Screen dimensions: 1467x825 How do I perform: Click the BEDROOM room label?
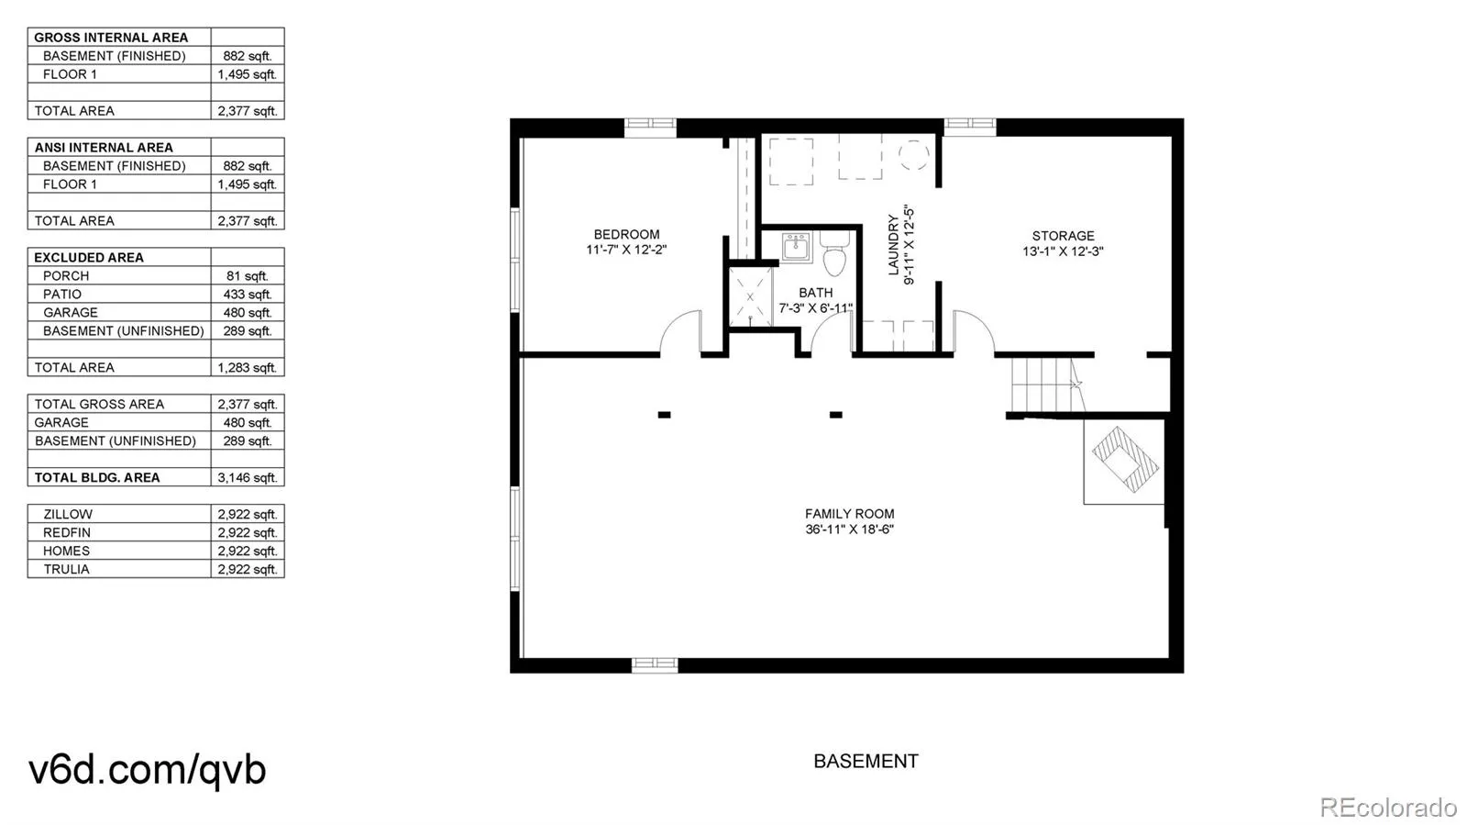[x=626, y=234]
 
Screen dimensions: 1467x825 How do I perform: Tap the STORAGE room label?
[x=1063, y=235]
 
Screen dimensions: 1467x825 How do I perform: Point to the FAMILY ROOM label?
[x=849, y=514]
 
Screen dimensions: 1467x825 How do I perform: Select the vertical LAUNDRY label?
[x=893, y=244]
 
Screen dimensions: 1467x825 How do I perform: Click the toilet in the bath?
[x=835, y=253]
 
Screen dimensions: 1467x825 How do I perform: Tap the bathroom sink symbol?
[x=797, y=247]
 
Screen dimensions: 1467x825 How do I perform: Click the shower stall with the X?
[x=751, y=296]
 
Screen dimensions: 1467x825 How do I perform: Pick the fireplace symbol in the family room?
[x=1124, y=461]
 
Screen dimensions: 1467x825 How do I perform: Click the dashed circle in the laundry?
[x=913, y=156]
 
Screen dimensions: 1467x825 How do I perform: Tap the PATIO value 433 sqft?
[x=247, y=295]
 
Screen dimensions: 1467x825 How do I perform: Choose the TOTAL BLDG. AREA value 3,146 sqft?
[x=247, y=478]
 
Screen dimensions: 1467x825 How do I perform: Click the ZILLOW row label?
[x=68, y=515]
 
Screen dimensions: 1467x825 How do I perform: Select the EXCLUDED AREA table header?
[x=88, y=258]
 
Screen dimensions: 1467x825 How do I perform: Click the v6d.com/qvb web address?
[x=148, y=769]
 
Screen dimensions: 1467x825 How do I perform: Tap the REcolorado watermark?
[x=1388, y=806]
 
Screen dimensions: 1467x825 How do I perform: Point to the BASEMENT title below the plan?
[x=866, y=761]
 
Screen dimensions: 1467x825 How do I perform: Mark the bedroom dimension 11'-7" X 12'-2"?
[x=626, y=250]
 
